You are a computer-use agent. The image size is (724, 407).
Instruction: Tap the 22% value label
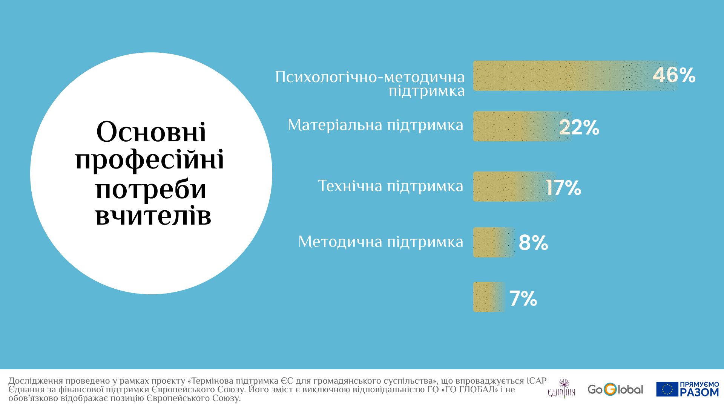tap(579, 127)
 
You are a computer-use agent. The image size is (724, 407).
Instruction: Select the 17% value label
tap(563, 187)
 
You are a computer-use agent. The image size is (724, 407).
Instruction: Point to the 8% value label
tap(533, 242)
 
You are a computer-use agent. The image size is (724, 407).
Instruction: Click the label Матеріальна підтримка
tap(375, 125)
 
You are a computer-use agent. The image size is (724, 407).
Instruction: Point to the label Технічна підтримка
tap(390, 186)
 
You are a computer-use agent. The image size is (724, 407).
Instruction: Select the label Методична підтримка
tap(380, 242)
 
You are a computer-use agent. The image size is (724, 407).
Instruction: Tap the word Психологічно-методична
tap(370, 77)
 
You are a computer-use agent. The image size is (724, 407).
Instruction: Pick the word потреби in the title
tap(151, 189)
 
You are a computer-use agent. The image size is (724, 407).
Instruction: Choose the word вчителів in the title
tap(153, 216)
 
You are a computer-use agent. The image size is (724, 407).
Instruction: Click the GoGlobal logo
tap(615, 389)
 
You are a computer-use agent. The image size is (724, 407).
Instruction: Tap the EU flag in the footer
tap(667, 389)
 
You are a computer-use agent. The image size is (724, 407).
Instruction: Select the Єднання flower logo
tap(562, 389)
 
